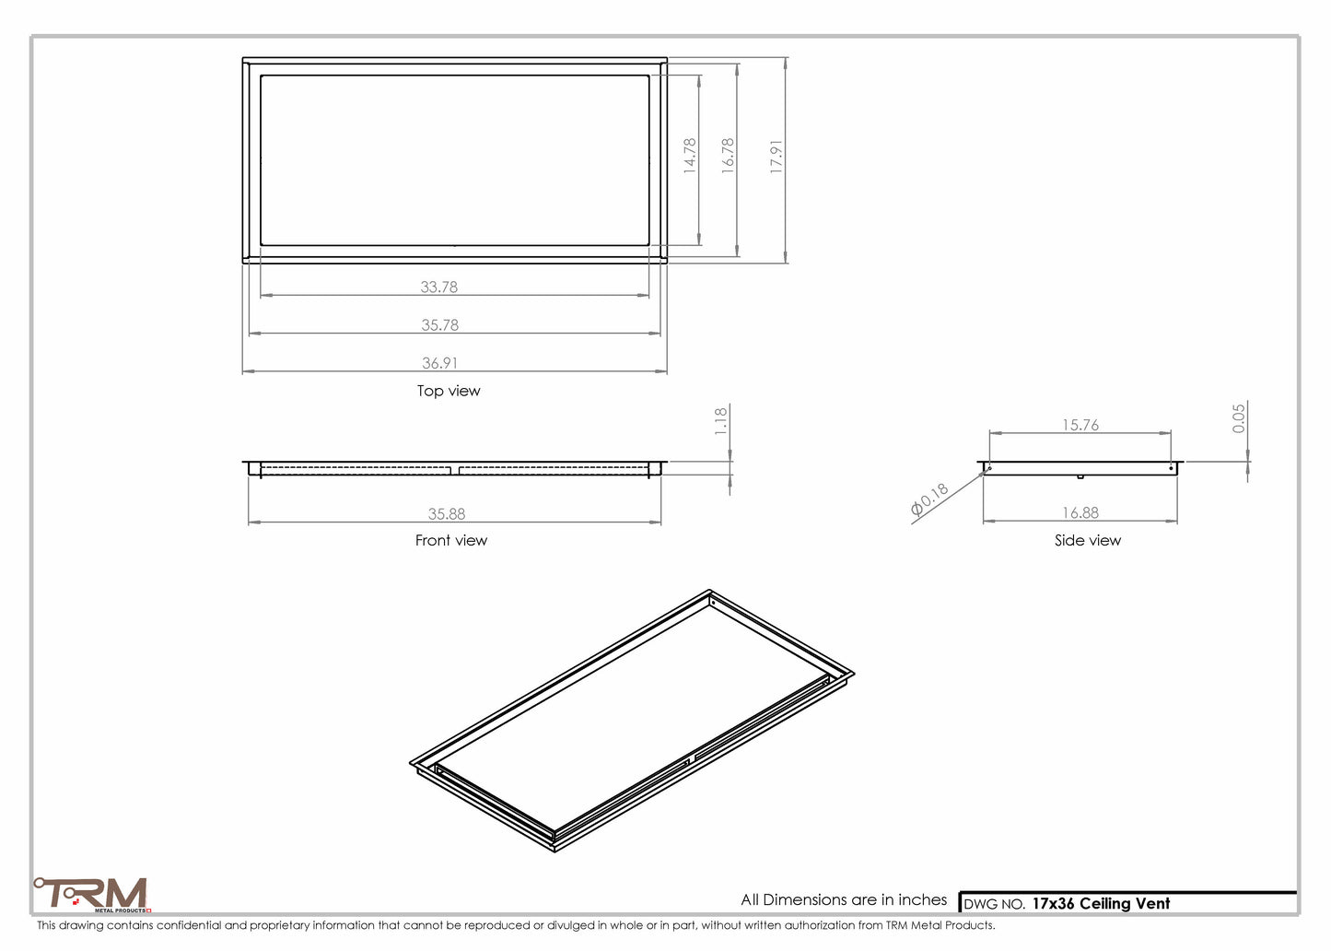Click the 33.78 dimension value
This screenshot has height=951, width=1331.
pyautogui.click(x=438, y=287)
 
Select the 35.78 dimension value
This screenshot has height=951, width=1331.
pyautogui.click(x=439, y=324)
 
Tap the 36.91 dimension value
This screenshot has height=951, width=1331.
pyautogui.click(x=439, y=363)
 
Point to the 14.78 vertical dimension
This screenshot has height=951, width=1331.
pyautogui.click(x=690, y=156)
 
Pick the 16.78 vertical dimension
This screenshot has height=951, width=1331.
pyautogui.click(x=728, y=156)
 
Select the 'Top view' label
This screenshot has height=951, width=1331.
pyautogui.click(x=449, y=391)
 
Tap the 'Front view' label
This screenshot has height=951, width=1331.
pyautogui.click(x=450, y=540)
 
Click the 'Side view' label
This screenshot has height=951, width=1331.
pyautogui.click(x=1087, y=540)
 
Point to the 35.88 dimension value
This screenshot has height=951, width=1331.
pyautogui.click(x=446, y=514)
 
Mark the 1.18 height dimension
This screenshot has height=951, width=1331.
pyautogui.click(x=721, y=420)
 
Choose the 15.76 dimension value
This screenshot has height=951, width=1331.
pyautogui.click(x=1080, y=425)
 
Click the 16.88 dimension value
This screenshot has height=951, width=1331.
pyautogui.click(x=1080, y=512)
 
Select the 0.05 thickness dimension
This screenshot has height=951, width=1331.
pyautogui.click(x=1239, y=417)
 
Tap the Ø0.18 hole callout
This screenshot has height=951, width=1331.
pyautogui.click(x=929, y=499)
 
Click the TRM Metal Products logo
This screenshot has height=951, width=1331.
pyautogui.click(x=92, y=894)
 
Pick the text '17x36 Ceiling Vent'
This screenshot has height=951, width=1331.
pyautogui.click(x=1101, y=904)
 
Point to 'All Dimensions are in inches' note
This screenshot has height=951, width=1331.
pyautogui.click(x=844, y=899)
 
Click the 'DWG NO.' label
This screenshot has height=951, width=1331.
pyautogui.click(x=994, y=905)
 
